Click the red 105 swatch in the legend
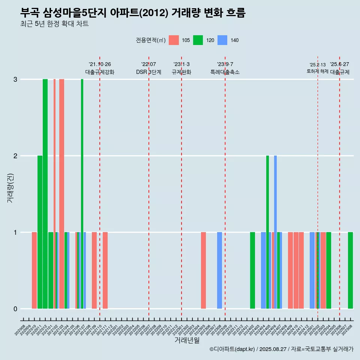pos(174,40)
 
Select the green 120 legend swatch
pos(198,40)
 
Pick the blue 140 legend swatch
pos(222,40)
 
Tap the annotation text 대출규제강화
pos(100,72)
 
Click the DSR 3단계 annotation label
pos(148,72)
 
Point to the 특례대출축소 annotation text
pos(225,72)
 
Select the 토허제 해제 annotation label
pos(317,71)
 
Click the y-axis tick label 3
pos(15,79)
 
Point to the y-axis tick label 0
pos(15,309)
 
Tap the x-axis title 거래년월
pos(187,340)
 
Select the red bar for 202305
pos(203,270)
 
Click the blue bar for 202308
pos(219,270)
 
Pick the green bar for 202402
pos(252,270)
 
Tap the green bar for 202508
pos(350,270)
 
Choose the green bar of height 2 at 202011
pos(40,232)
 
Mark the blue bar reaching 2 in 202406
pos(275,232)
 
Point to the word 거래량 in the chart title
pos(185,13)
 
